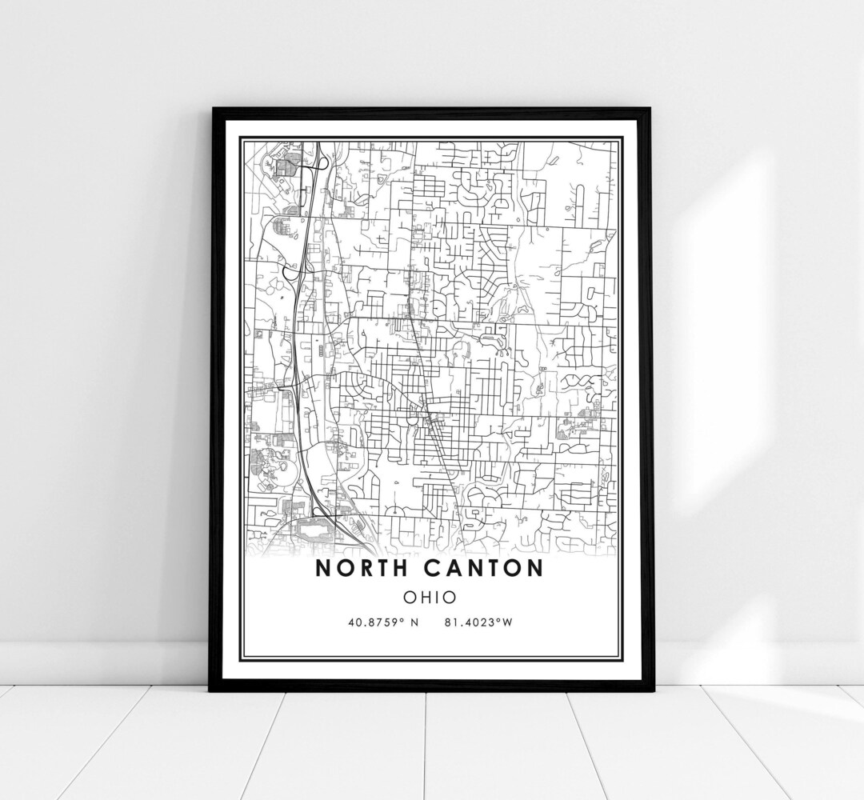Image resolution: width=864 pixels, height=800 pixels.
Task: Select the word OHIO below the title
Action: pyautogui.click(x=430, y=597)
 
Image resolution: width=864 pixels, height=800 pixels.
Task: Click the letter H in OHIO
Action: pyautogui.click(x=426, y=597)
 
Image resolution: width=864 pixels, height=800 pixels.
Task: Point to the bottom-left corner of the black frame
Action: pyautogui.click(x=211, y=690)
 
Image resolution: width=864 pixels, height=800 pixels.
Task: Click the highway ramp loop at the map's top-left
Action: pyautogui.click(x=322, y=162)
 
